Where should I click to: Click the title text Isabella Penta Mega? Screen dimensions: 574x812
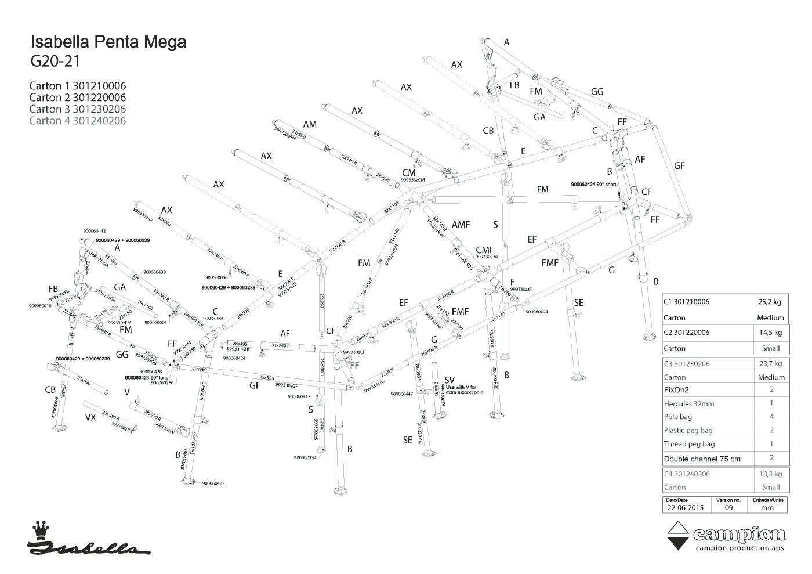coord(108,42)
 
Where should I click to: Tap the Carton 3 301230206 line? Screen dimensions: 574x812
coord(77,109)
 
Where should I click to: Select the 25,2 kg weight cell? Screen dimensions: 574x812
coord(770,302)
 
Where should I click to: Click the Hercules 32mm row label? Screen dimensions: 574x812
coord(689,403)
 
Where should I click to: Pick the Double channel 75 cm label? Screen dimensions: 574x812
coord(702,459)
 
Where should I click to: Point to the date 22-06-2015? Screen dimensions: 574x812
coord(685,507)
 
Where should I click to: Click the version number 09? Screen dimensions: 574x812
coord(728,507)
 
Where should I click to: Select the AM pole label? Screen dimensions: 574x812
coord(310,124)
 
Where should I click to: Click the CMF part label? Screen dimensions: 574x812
coord(485,250)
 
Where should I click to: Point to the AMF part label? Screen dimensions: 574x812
coord(461,225)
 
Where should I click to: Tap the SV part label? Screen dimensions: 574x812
coord(449,380)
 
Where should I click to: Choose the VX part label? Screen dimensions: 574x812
coord(90,417)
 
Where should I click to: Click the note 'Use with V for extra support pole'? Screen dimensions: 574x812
coord(461,389)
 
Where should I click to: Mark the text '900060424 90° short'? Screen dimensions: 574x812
coord(593,184)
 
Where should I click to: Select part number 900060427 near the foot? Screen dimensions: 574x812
coord(213,483)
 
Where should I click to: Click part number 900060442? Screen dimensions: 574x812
coord(94,231)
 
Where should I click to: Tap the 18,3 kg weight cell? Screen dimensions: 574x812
coord(770,474)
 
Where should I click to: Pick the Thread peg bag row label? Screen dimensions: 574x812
coord(689,444)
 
